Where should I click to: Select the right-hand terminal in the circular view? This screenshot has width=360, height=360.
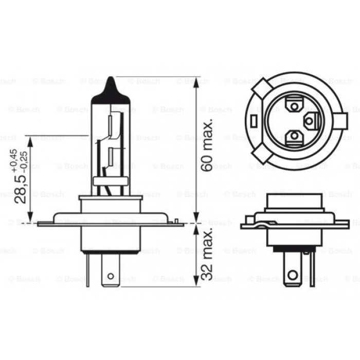coord(311,122)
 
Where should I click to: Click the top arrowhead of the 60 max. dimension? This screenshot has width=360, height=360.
coord(196,82)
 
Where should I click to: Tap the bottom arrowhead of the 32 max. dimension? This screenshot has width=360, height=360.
coord(196,281)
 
